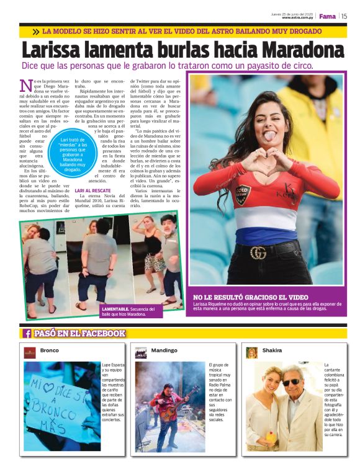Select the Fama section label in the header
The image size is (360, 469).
(x=327, y=17)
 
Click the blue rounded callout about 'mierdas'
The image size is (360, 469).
(x=73, y=156)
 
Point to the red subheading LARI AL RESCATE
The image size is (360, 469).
(x=94, y=190)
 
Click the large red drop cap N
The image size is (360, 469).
(x=26, y=87)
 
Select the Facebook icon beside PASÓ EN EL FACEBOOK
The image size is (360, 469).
(x=27, y=334)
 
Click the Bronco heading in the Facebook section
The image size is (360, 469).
(x=49, y=351)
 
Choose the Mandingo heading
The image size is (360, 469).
(x=164, y=351)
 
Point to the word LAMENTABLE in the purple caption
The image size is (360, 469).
(x=116, y=308)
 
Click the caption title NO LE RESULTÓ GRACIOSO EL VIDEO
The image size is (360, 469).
(x=250, y=297)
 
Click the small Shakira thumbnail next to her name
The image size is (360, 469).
(x=251, y=352)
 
